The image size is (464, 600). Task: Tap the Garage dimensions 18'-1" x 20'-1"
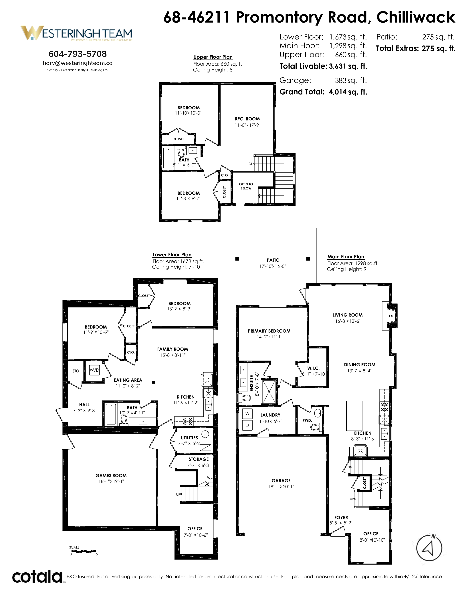[x=281, y=487]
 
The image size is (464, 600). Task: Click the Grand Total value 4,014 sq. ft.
[x=348, y=92]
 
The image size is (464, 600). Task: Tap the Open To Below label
[x=246, y=186]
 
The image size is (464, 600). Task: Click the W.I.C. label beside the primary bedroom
[x=313, y=368]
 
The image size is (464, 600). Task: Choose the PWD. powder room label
[x=307, y=420]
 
